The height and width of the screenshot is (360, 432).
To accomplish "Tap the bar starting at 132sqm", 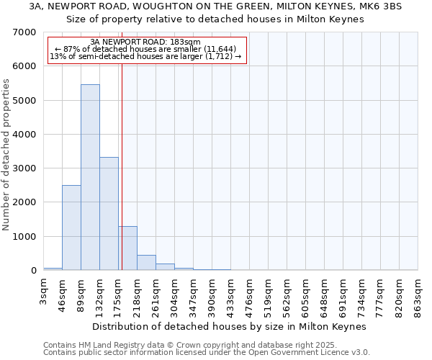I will coord(109,213).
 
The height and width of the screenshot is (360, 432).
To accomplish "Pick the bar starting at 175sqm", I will coord(127,248).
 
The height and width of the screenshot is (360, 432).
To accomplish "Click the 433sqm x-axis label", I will coord(230,291).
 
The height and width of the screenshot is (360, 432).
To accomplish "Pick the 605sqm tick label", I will coord(305,291).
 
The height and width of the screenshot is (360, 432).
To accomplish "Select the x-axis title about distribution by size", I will coord(230,326).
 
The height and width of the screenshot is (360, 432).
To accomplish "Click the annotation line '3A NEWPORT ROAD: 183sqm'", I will coord(146,42).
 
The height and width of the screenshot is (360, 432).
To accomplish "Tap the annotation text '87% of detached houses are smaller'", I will coord(146,49).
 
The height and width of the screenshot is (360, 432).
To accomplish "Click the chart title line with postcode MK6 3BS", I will coord(216,6).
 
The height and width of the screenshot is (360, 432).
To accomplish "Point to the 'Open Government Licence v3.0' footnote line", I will coord(207,352).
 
